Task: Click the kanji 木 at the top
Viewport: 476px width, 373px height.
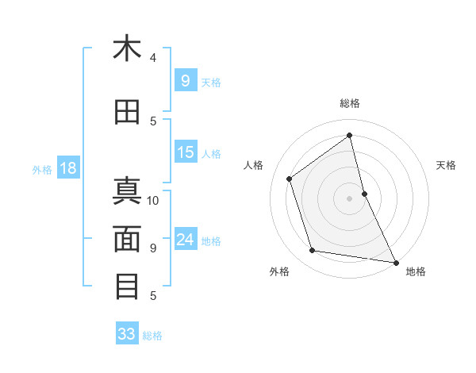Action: coord(127,49)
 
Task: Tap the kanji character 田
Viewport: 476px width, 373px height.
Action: coord(127,113)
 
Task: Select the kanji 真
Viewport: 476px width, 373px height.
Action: coord(127,193)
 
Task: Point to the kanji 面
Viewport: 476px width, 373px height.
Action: coord(127,239)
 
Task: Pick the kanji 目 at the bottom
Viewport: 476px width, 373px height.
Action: coord(127,286)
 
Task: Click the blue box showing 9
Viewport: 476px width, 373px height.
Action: coord(185,81)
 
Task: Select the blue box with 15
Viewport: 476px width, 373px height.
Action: coord(186,152)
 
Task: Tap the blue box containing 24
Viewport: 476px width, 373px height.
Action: coord(186,240)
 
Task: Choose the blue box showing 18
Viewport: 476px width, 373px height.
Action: coord(67,168)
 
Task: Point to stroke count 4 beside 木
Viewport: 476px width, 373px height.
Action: coord(153,57)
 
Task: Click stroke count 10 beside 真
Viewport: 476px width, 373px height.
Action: coord(153,200)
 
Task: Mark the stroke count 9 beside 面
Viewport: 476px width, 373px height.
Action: coord(153,248)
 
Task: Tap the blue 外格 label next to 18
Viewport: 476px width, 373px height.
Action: coord(41,169)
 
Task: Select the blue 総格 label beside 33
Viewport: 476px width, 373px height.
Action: coord(152,336)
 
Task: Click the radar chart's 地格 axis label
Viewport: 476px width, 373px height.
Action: coord(416,272)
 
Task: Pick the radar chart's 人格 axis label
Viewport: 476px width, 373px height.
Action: coord(254,165)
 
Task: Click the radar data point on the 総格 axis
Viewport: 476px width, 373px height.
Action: coord(350,135)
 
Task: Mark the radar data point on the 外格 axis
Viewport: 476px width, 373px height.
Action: coord(313,251)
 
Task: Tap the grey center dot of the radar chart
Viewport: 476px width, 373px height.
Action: coord(349,198)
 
